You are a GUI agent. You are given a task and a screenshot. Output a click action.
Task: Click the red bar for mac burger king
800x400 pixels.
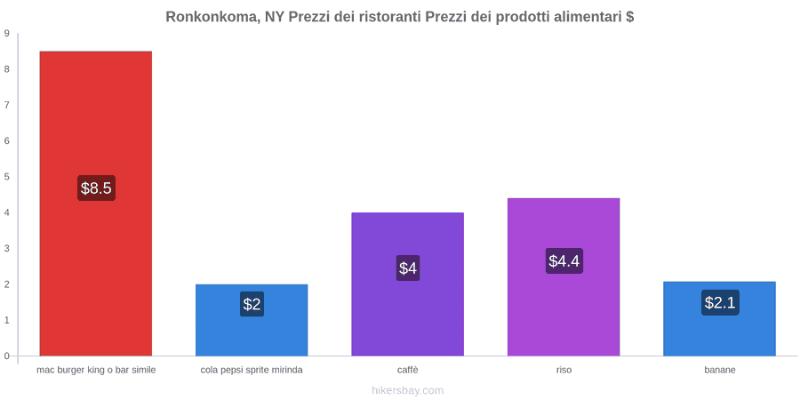96,203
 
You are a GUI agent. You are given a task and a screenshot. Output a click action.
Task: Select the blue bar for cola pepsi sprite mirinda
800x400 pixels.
252,320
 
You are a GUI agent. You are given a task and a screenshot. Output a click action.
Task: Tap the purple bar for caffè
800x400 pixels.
408,284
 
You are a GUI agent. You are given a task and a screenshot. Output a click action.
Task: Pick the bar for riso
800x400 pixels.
564,277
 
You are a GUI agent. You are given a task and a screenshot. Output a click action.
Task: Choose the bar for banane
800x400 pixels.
719,318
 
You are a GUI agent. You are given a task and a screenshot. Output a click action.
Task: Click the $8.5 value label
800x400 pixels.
96,188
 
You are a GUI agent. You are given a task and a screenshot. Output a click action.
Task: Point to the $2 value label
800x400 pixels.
252,304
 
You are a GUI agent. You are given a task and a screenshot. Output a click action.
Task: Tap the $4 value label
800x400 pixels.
408,268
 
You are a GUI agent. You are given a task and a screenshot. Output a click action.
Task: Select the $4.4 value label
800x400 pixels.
564,260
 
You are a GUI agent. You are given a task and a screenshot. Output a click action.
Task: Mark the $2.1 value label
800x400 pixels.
720,302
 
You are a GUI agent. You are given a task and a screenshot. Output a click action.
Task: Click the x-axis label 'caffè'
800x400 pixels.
408,370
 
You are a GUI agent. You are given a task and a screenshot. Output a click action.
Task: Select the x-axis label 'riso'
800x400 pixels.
564,370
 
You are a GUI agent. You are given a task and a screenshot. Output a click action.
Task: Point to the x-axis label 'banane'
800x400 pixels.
720,370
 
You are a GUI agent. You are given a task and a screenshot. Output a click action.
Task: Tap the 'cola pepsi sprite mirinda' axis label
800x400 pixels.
252,370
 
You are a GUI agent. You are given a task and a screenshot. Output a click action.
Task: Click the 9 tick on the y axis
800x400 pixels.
7,34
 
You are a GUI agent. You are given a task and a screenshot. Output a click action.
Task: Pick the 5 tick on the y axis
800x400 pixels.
7,177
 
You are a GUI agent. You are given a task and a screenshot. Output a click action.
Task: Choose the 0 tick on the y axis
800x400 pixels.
7,356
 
